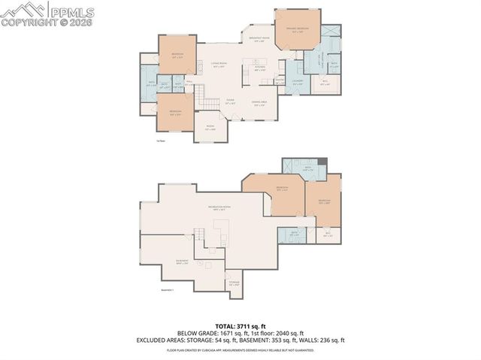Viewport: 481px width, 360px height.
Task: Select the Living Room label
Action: point(219,65)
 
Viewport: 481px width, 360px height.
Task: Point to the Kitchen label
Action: point(259,68)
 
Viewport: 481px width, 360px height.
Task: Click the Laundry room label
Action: point(298,81)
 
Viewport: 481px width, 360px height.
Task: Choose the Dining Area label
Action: point(259,104)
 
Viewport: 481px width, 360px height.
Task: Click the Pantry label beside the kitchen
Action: point(279,80)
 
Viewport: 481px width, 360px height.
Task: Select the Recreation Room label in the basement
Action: point(220,207)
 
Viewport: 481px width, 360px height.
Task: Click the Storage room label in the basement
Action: point(234,283)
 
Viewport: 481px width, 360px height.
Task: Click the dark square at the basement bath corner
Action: point(322,162)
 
